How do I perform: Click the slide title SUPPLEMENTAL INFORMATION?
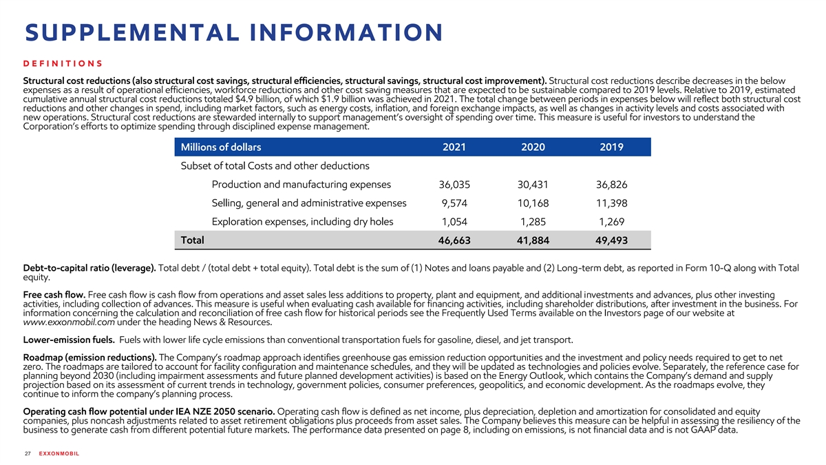pyautogui.click(x=233, y=32)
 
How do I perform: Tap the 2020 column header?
pyautogui.click(x=533, y=147)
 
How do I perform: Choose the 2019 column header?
pyautogui.click(x=611, y=147)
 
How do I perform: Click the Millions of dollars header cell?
pyautogui.click(x=220, y=147)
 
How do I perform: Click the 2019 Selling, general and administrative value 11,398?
pyautogui.click(x=611, y=203)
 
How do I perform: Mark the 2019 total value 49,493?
pyautogui.click(x=611, y=240)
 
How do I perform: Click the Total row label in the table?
pyautogui.click(x=191, y=240)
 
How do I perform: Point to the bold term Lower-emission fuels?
pyautogui.click(x=68, y=338)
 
